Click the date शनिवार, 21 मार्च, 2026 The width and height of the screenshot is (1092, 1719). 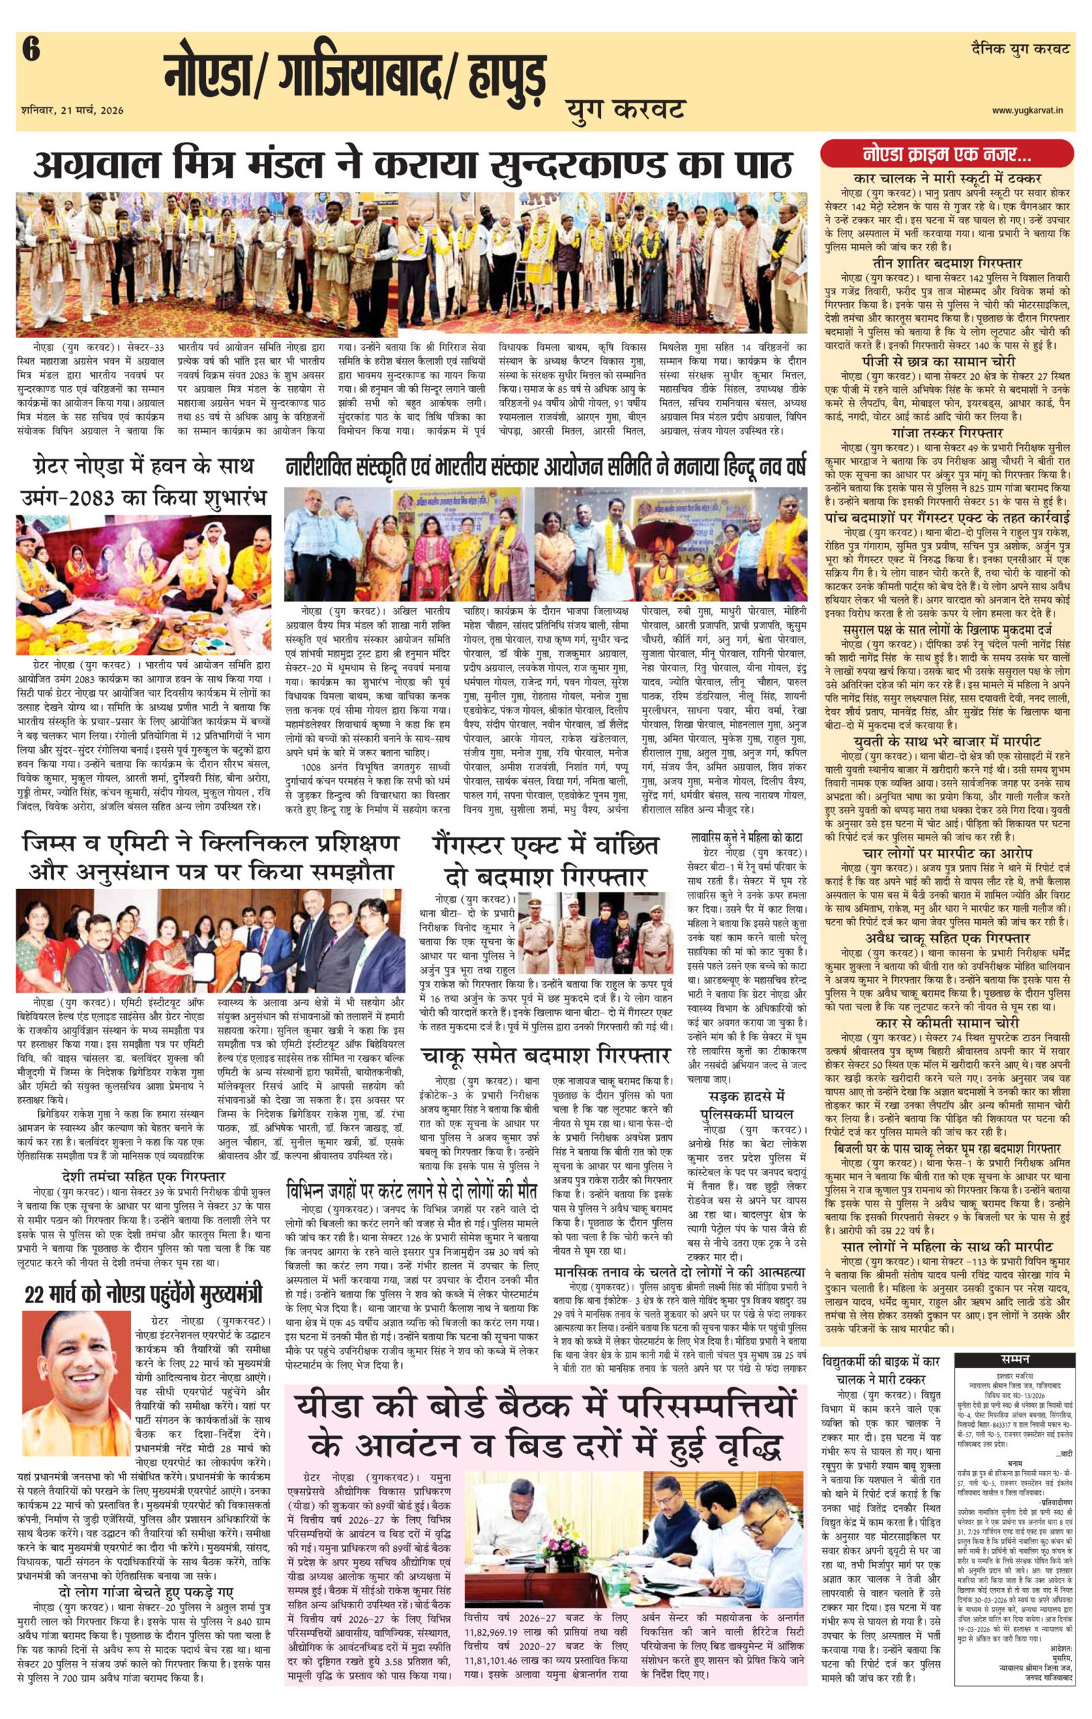tap(72, 110)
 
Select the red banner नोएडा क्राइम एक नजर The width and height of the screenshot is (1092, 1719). tap(947, 154)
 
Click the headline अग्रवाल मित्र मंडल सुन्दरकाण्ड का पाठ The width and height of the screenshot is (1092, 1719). tap(412, 166)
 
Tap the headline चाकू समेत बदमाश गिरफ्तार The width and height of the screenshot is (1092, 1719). tap(545, 1056)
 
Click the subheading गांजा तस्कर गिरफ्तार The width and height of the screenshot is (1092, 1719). tap(947, 433)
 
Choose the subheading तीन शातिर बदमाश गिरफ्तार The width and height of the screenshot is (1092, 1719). tap(947, 263)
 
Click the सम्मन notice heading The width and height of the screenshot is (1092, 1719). tap(1014, 1357)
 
